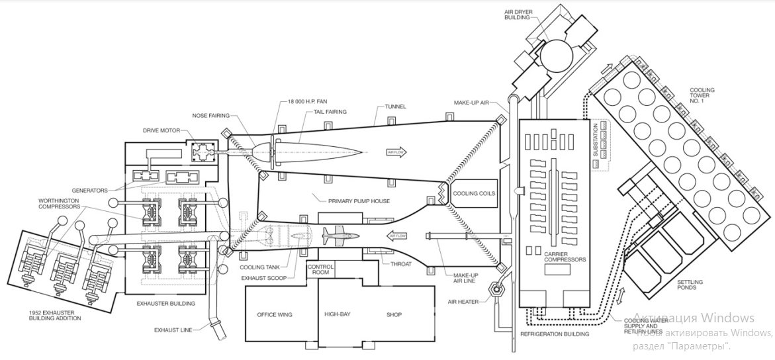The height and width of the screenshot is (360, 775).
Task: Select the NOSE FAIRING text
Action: pos(216,114)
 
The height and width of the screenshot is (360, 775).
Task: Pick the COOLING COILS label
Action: pos(474,193)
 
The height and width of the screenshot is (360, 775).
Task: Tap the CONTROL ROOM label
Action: pos(321,270)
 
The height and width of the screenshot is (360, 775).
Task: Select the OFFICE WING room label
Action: pos(275,314)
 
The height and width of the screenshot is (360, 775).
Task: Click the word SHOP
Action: pos(394,314)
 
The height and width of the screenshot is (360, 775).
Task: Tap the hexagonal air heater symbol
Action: pos(495,289)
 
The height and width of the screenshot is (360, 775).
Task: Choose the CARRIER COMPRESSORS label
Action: pos(565,256)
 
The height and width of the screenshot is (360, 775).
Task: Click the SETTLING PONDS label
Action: pos(690,285)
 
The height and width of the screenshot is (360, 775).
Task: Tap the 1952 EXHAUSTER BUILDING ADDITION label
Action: pos(55,315)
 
